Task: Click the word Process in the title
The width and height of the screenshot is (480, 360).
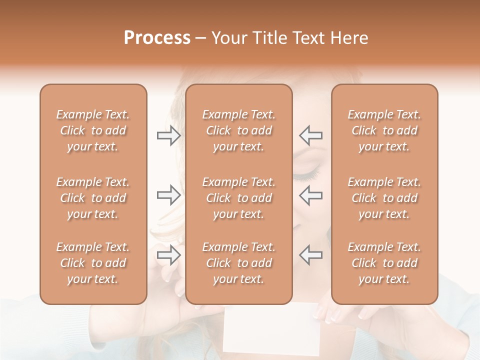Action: [x=157, y=38]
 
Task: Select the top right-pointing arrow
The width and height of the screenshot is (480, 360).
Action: [x=168, y=135]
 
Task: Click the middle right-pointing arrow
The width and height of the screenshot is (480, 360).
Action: [x=168, y=195]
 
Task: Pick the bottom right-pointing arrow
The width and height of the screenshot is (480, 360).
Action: [x=168, y=255]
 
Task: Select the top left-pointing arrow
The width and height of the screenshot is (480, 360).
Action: [x=311, y=135]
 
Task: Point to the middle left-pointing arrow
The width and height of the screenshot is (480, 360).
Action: [x=311, y=195]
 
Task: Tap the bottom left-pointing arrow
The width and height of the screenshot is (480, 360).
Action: [x=311, y=255]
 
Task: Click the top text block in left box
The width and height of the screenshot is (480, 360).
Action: [x=93, y=130]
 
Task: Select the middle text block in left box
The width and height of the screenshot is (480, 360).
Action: [x=93, y=198]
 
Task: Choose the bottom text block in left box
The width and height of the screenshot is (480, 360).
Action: [x=93, y=263]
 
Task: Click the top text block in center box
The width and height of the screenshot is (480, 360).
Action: [x=239, y=130]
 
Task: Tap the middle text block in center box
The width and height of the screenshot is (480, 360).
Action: [x=239, y=198]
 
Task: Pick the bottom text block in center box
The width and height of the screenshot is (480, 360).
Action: [x=239, y=263]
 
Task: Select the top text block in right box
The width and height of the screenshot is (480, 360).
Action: [x=384, y=130]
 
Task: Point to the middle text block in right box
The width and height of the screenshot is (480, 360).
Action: [x=384, y=198]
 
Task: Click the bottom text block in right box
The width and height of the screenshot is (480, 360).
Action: [x=384, y=263]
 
